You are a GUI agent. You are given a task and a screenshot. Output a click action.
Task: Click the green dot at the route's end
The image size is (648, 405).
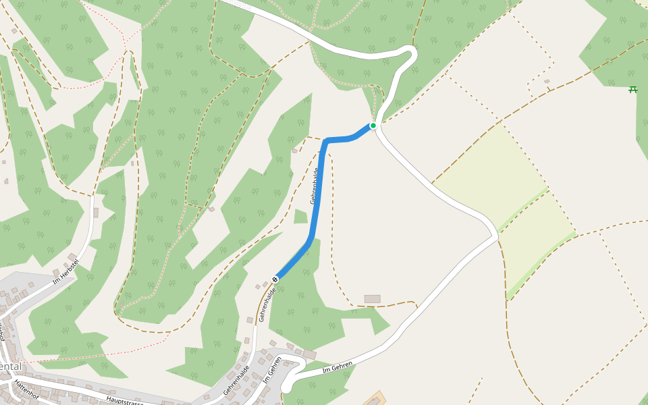[373, 126]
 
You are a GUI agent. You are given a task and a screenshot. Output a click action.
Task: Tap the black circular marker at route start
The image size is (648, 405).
[275, 279]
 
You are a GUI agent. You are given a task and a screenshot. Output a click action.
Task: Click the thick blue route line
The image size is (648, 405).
[318, 196]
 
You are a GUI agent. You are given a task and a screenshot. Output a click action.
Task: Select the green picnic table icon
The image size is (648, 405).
[633, 89]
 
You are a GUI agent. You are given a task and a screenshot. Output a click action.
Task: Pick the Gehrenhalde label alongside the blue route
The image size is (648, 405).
[314, 186]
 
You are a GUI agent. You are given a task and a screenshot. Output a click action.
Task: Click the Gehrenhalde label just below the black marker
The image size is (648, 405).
[267, 304]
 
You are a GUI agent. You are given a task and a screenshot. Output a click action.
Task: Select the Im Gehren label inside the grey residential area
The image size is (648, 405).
[272, 370]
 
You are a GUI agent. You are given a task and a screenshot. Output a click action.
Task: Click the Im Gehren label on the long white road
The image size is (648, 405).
[337, 367]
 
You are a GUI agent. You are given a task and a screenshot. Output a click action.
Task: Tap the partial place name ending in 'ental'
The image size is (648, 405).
[11, 367]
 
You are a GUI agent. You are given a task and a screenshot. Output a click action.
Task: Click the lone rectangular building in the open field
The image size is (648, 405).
[372, 298]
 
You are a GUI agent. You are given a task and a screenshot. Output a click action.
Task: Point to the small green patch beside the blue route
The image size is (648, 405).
[300, 216]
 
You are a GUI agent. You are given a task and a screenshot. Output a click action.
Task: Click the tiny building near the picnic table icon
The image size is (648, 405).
[547, 82]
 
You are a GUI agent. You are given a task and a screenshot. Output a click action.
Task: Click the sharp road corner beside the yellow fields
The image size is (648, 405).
[496, 234]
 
